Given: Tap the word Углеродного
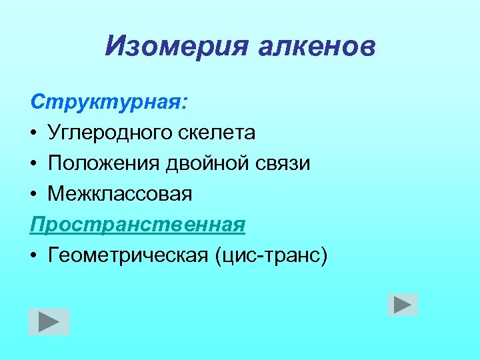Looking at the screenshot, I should coord(111,133).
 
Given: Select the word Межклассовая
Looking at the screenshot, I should coord(120,194).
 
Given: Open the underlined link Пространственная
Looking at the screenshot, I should coord(137,225).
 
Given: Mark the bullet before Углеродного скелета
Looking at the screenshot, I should coord(34,133).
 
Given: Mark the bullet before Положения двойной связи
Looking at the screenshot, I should coord(34,164).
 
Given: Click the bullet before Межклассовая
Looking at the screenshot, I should coord(34,195).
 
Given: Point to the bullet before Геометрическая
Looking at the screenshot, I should coord(34,256).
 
